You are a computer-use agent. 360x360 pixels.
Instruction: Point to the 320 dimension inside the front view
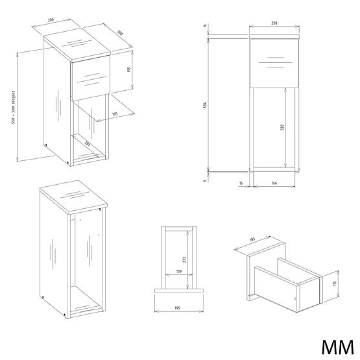point(283,128)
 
